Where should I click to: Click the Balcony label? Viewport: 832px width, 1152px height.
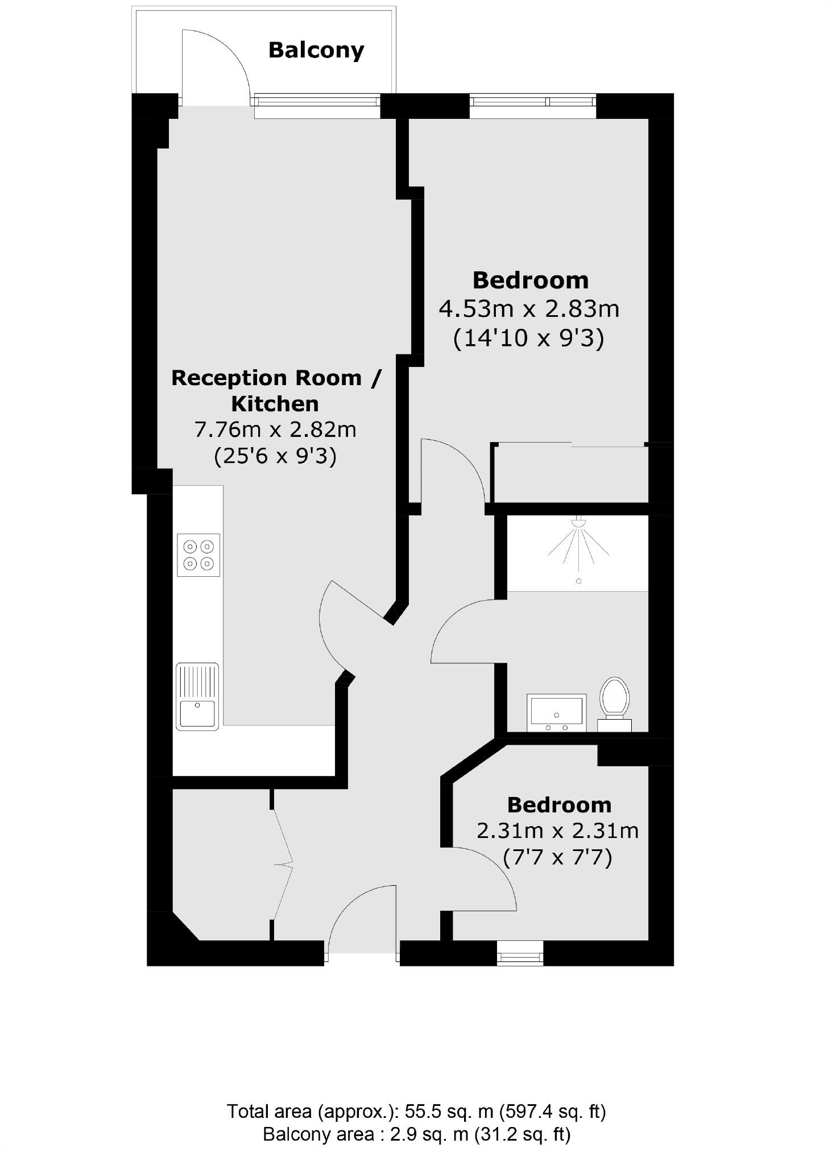[x=316, y=51]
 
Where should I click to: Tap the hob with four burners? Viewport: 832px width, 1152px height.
[x=198, y=555]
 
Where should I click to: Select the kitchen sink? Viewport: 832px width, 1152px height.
[x=197, y=696]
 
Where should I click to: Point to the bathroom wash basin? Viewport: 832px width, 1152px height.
[x=556, y=712]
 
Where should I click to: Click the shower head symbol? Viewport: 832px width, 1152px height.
[x=578, y=522]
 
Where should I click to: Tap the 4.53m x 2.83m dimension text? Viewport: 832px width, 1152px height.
[x=529, y=309]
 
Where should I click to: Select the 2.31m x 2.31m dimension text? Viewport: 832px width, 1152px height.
[x=557, y=831]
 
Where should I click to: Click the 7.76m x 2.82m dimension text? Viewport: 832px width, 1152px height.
[x=275, y=430]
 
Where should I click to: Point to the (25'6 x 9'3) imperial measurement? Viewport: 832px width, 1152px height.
[x=275, y=456]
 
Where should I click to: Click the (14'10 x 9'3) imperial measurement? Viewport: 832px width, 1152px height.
[x=528, y=338]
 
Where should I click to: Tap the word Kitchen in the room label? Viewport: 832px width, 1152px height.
[x=275, y=404]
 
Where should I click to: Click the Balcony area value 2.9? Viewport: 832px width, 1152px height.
[x=403, y=1134]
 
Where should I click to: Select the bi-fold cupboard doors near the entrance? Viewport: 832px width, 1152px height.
[x=283, y=865]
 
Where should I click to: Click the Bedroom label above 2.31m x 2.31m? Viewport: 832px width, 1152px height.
[x=559, y=805]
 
